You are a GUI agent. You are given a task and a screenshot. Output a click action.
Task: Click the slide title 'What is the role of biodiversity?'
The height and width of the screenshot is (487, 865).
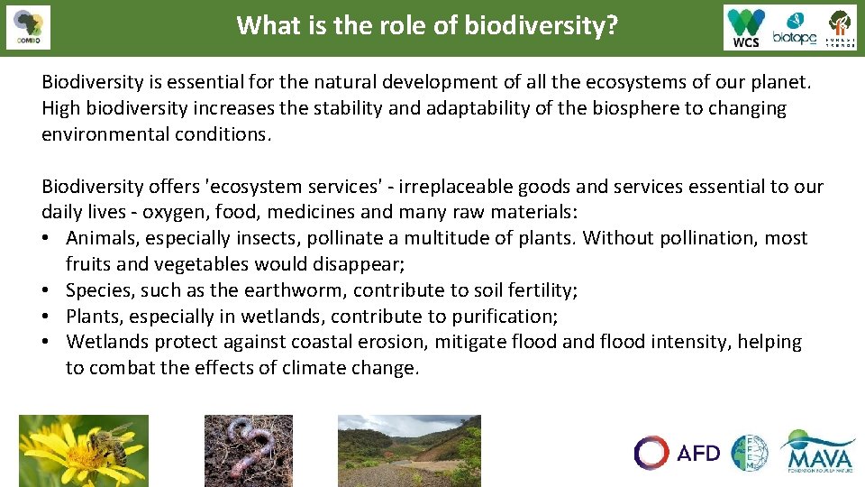[x=427, y=25]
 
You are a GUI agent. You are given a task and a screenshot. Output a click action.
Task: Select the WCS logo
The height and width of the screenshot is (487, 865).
[x=746, y=27]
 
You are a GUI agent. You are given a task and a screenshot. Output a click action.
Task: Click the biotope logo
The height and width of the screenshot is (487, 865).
[x=795, y=27]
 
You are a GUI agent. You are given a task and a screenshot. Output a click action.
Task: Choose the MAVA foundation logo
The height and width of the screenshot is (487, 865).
[x=817, y=451]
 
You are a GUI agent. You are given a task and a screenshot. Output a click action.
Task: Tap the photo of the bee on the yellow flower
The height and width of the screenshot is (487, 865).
[x=83, y=450]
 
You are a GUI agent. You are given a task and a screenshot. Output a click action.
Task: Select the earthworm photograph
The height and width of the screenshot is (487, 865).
[x=249, y=450]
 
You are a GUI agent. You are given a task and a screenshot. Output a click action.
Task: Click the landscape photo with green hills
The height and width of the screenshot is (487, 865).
[x=409, y=450]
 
